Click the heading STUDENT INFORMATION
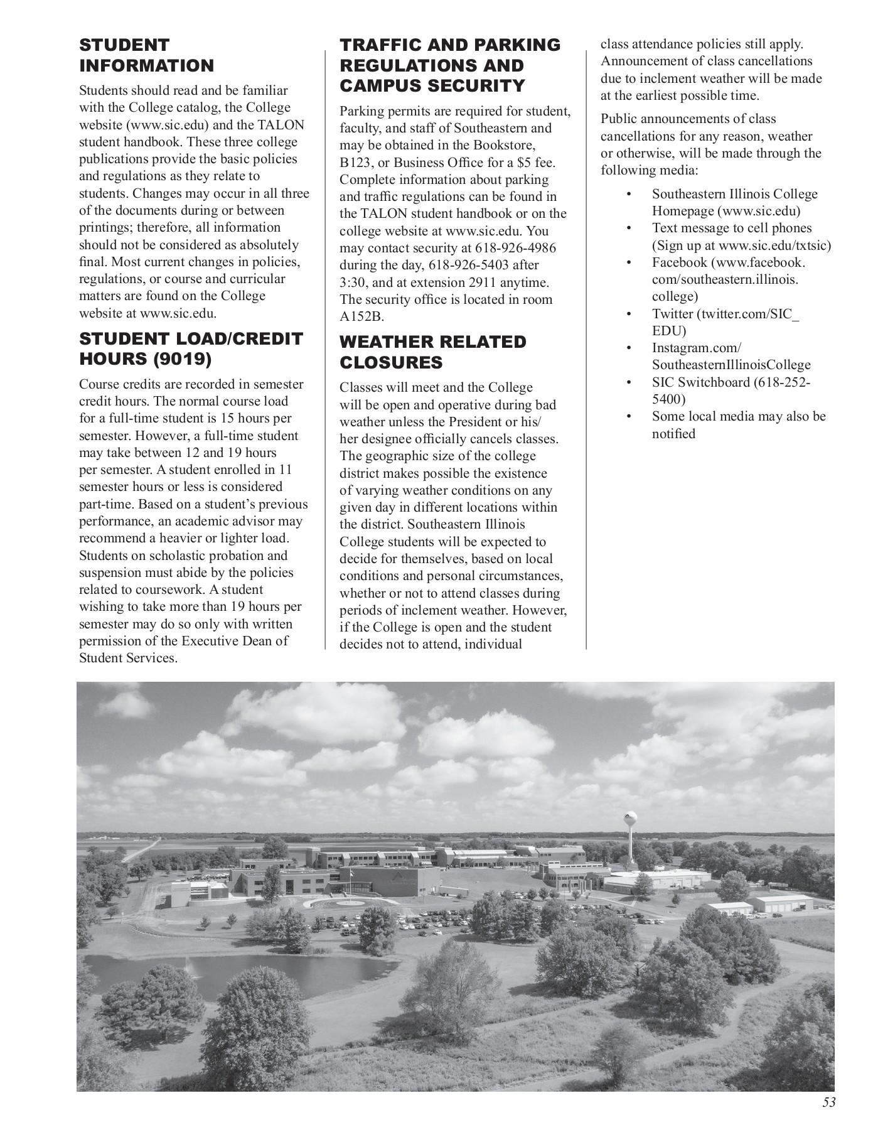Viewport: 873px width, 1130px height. pos(146,55)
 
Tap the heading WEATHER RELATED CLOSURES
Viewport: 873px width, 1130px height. pos(432,352)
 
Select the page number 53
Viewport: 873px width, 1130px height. pos(829,1102)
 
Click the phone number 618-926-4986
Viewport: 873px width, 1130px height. pos(515,248)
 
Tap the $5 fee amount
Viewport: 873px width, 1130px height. pos(528,163)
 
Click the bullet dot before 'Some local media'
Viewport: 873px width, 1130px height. pos(629,416)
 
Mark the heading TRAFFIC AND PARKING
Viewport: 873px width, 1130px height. pos(450,45)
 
